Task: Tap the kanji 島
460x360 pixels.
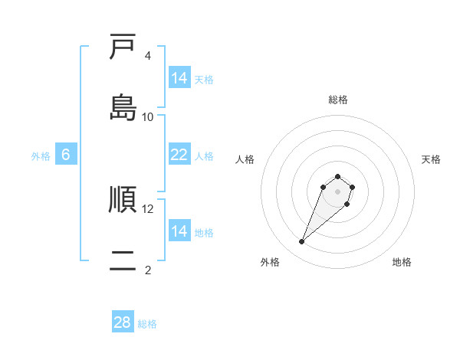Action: point(123,106)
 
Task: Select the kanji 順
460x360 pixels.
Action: point(123,200)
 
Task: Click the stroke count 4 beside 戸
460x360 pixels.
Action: point(148,56)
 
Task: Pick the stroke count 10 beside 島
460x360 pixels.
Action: point(148,116)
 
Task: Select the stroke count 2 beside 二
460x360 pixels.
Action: point(148,270)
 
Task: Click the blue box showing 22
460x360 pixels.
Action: point(179,155)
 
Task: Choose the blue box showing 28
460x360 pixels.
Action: point(123,322)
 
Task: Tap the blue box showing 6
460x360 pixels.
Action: point(66,155)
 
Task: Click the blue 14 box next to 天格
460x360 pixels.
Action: point(179,78)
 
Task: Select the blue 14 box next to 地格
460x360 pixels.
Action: point(179,231)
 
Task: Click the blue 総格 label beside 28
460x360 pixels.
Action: point(147,324)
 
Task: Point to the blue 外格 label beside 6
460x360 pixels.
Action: point(41,156)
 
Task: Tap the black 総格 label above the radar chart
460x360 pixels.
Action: point(338,100)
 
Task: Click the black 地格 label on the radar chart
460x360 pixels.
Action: point(402,262)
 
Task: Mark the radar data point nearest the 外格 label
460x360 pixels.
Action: point(302,242)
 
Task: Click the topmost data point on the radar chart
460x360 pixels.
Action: point(338,175)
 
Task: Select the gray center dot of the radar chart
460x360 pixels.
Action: point(338,191)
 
